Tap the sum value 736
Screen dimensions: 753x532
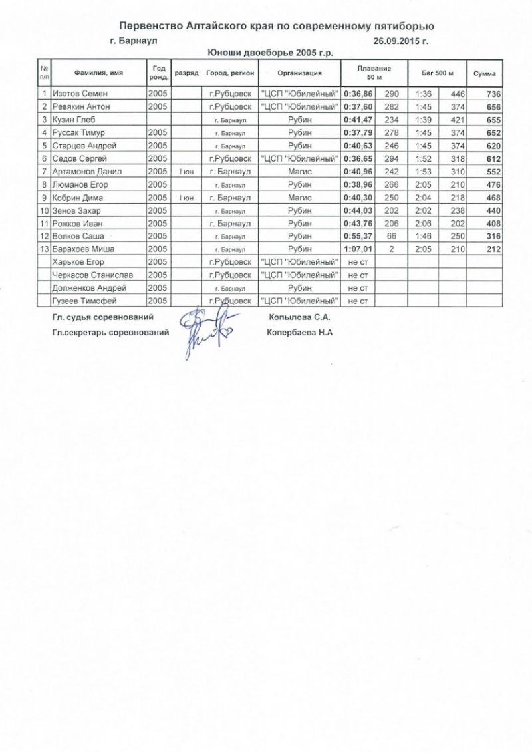coord(491,94)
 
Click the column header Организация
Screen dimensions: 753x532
coord(299,73)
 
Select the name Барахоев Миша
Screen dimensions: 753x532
coord(84,249)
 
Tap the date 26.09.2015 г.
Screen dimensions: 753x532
coord(401,41)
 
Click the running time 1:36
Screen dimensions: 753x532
coord(424,94)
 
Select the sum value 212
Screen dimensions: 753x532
coord(491,249)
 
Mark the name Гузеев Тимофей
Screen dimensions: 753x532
coord(83,301)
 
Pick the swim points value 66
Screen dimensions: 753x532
coord(391,237)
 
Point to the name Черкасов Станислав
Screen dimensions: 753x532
coord(90,275)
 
